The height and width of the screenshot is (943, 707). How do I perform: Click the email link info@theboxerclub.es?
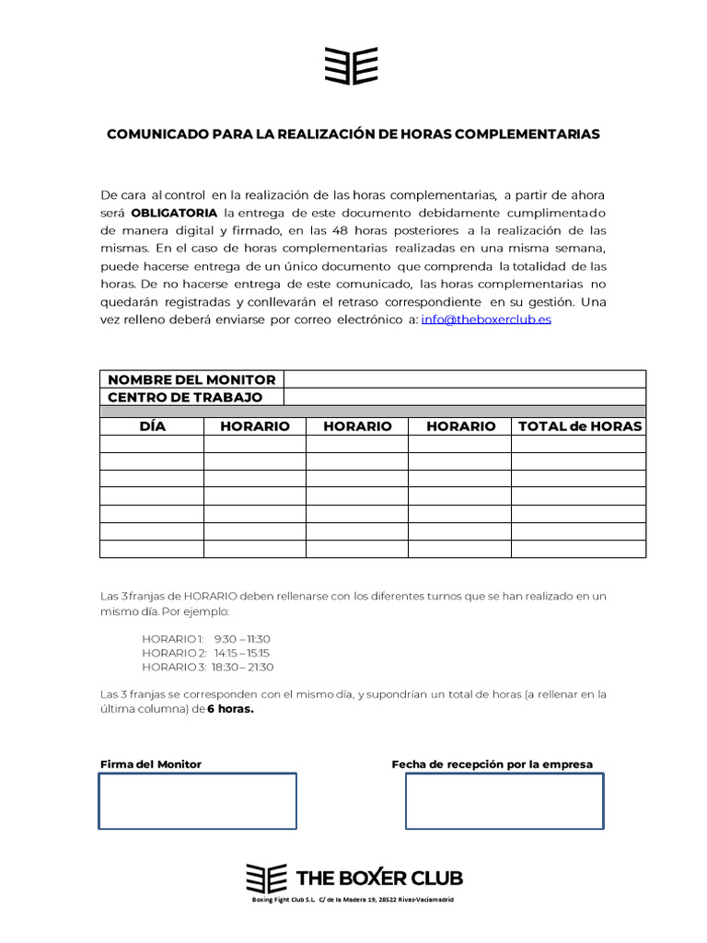(x=486, y=320)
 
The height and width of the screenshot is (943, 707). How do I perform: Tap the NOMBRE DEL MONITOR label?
(x=191, y=379)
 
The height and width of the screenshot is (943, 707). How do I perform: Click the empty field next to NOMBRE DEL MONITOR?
(x=465, y=379)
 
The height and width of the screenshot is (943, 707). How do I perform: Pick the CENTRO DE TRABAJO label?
(x=185, y=397)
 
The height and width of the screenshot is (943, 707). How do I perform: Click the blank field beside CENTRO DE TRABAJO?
(x=465, y=397)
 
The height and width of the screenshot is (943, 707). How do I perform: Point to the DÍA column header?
(x=152, y=426)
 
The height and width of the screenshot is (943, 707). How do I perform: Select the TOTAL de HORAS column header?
(x=579, y=426)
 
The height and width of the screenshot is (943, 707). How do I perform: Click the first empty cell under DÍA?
(x=152, y=444)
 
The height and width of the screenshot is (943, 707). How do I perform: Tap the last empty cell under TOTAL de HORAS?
(x=579, y=549)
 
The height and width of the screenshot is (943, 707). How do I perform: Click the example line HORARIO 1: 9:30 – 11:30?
(x=206, y=639)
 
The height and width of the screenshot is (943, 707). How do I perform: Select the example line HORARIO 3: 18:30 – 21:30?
(x=208, y=667)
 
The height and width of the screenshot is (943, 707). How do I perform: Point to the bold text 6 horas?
(x=230, y=709)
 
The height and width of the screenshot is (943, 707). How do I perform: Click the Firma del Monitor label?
(x=150, y=764)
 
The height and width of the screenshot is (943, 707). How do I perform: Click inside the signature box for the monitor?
(x=198, y=801)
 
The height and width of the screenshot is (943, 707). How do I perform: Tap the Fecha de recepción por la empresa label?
(x=492, y=764)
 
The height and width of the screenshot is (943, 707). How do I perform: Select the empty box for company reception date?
(x=504, y=801)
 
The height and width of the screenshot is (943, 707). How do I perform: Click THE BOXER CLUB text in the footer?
(x=379, y=878)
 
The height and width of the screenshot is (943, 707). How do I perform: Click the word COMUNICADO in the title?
(x=157, y=134)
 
